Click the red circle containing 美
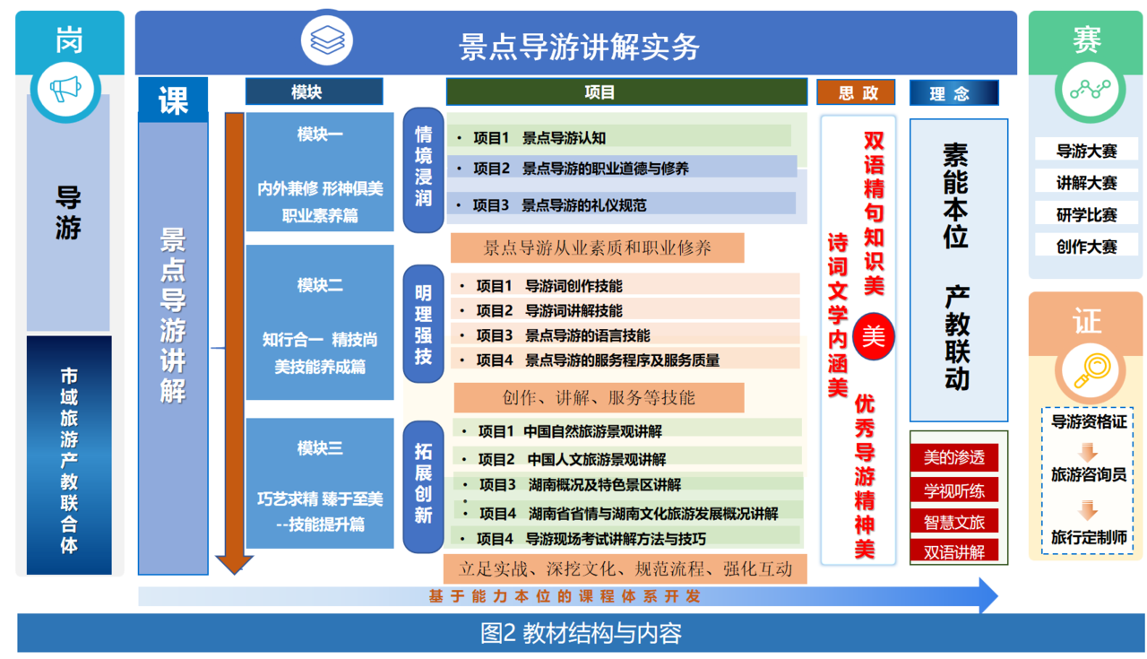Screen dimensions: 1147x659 click(873, 336)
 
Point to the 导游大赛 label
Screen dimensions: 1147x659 click(1086, 151)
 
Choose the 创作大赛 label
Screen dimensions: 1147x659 click(1086, 247)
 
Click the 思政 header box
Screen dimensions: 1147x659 click(856, 92)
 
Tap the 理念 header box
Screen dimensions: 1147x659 click(953, 92)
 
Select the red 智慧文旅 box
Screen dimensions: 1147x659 click(953, 521)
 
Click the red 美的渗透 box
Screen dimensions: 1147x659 click(953, 457)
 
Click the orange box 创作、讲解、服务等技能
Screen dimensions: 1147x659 click(599, 397)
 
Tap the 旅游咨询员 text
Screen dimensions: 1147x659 click(1088, 474)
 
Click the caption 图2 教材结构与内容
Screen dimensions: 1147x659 click(581, 633)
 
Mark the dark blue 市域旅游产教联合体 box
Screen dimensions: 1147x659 click(69, 455)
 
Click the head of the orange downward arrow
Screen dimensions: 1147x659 click(235, 564)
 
